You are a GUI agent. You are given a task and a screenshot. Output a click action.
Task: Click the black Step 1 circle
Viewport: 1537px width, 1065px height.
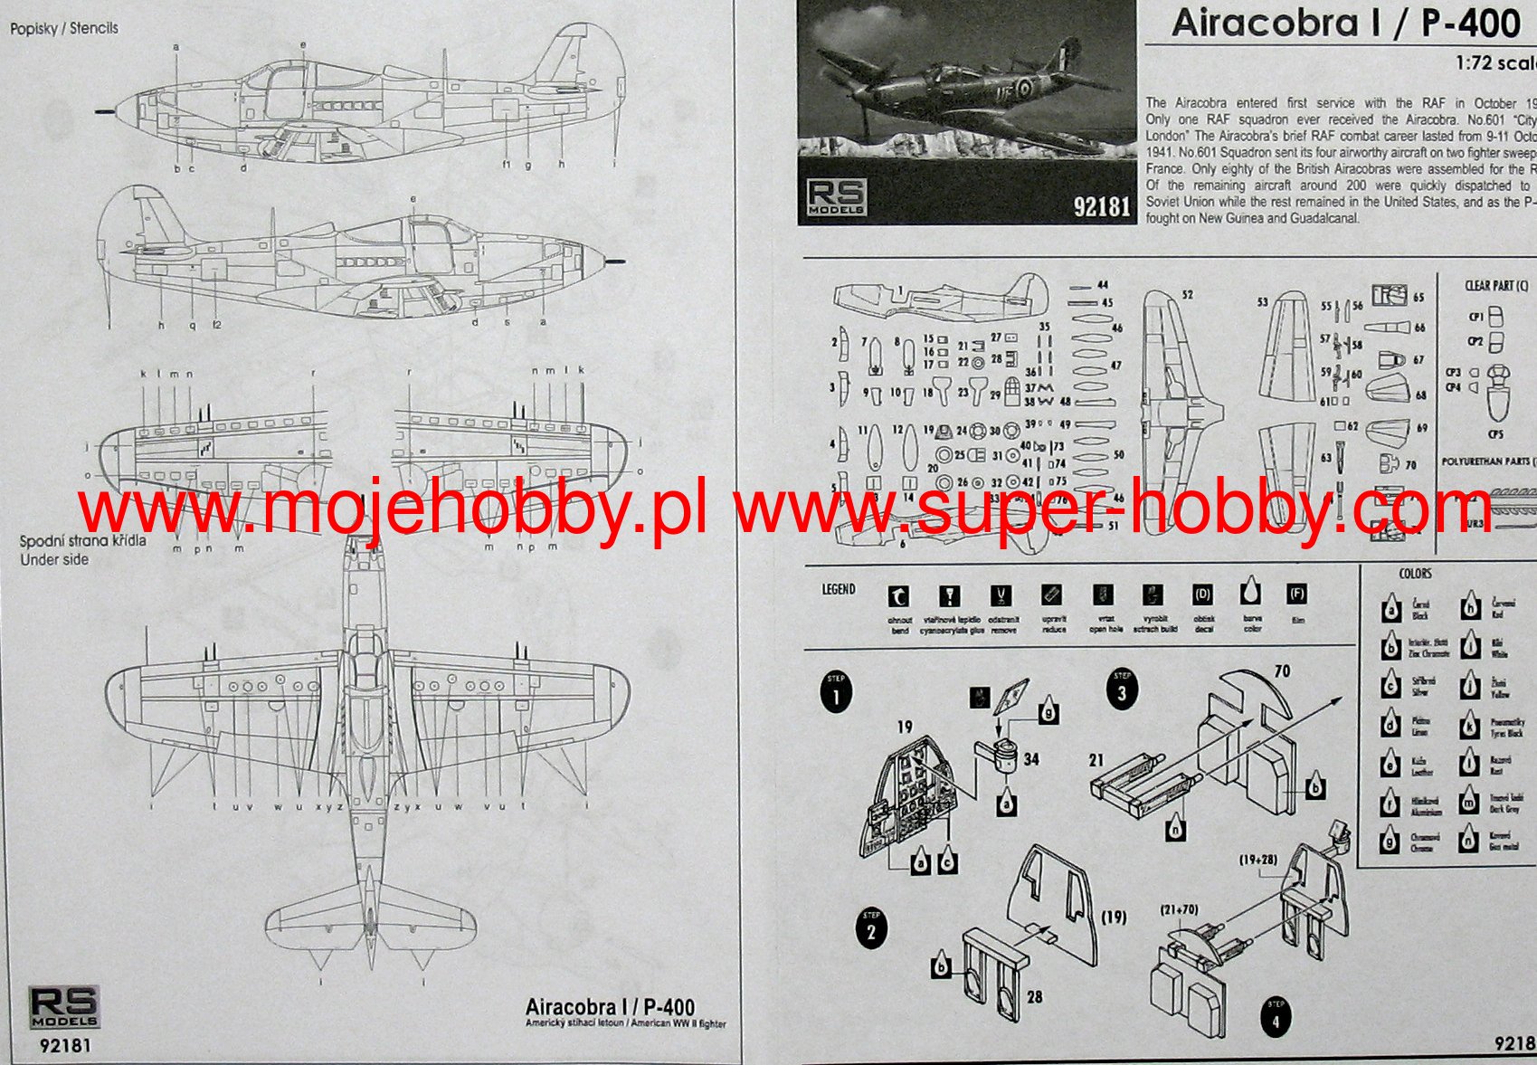tap(836, 692)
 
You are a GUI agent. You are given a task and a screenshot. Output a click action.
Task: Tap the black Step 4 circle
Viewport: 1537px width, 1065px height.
tap(1276, 1019)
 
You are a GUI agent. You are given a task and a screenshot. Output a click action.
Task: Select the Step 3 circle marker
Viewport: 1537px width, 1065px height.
tap(1123, 691)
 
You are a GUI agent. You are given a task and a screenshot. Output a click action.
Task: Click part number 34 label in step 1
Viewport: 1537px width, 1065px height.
tap(1031, 760)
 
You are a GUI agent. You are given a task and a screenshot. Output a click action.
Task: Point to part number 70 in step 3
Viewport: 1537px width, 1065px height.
tap(1282, 671)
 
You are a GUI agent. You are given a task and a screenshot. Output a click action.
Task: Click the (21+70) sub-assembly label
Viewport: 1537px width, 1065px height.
tap(1179, 910)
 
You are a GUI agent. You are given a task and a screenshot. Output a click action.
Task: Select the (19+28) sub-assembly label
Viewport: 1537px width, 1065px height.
tap(1257, 860)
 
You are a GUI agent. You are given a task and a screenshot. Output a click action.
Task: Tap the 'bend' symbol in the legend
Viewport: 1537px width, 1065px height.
tap(899, 596)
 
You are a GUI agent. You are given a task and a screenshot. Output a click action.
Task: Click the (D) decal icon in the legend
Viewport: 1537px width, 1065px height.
tap(1202, 594)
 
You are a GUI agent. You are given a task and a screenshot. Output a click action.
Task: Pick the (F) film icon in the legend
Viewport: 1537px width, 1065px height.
tap(1296, 594)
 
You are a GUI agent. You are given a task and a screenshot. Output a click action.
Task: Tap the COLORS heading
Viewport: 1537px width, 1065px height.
tap(1415, 573)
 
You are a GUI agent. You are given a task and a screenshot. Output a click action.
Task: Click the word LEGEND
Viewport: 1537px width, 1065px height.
tap(838, 589)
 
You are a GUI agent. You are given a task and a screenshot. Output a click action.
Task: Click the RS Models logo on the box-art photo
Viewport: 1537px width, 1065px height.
tap(836, 196)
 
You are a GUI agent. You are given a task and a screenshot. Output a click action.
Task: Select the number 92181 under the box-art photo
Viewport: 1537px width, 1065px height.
tap(1101, 207)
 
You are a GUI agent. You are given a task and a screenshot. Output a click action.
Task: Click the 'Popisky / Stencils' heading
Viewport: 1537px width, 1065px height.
tap(64, 28)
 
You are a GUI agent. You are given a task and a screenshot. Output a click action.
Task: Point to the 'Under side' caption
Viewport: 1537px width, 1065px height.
tap(54, 559)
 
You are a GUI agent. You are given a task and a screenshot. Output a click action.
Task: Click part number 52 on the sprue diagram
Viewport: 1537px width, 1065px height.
tap(1187, 295)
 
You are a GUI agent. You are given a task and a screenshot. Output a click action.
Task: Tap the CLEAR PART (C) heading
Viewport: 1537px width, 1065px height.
tap(1496, 286)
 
